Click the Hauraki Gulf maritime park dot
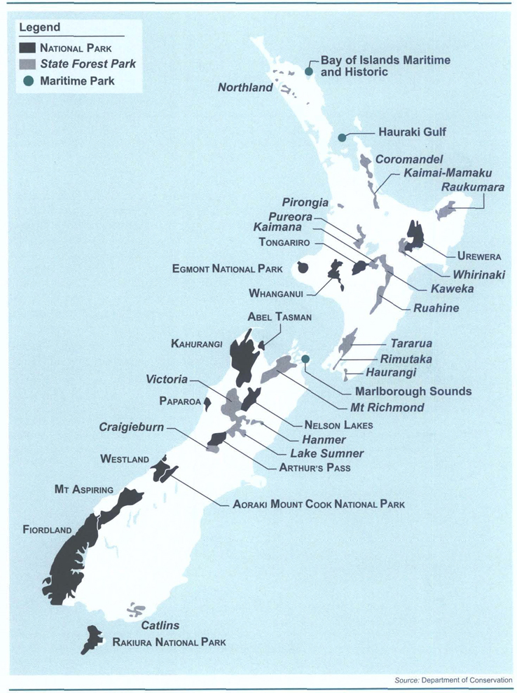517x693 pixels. [343, 138]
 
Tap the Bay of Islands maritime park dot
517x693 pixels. [309, 71]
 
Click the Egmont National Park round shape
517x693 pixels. [303, 267]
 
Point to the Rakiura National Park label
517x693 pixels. [169, 642]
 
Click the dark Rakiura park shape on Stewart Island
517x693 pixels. [90, 638]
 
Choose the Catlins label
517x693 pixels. [160, 625]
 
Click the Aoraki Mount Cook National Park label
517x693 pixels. [319, 504]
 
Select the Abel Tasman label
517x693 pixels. [279, 317]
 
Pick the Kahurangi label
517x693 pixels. [196, 344]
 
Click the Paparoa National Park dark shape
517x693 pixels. [207, 402]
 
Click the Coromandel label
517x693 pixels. [410, 159]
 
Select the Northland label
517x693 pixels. [244, 88]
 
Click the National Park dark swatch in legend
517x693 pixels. [27, 48]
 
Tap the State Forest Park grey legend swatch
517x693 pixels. [27, 64]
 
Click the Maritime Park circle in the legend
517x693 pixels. [28, 81]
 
